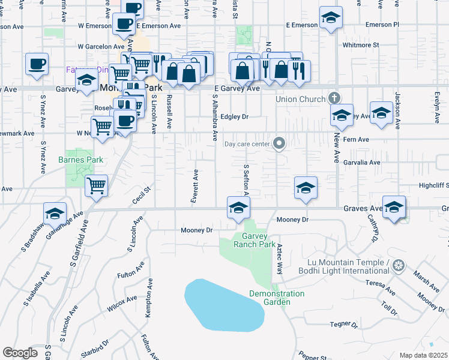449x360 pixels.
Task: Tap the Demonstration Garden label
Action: [277, 298]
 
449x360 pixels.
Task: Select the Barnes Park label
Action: [81, 160]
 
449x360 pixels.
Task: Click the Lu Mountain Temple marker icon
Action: [397, 265]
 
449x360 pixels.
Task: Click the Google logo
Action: [20, 353]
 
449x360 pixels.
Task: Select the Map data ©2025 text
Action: [424, 355]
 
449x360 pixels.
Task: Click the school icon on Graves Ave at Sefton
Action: [238, 208]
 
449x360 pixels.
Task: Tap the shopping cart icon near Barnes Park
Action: [96, 185]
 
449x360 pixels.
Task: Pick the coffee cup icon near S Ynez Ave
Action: [37, 64]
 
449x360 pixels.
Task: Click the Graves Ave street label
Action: [363, 209]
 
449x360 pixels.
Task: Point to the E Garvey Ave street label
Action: [237, 88]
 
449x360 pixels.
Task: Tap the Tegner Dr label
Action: [343, 325]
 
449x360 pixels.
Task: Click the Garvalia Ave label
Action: [362, 163]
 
